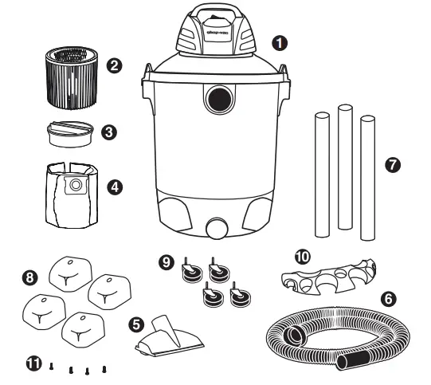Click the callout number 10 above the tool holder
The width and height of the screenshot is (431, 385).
point(300,257)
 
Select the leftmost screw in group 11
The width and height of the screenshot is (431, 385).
point(51,367)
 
